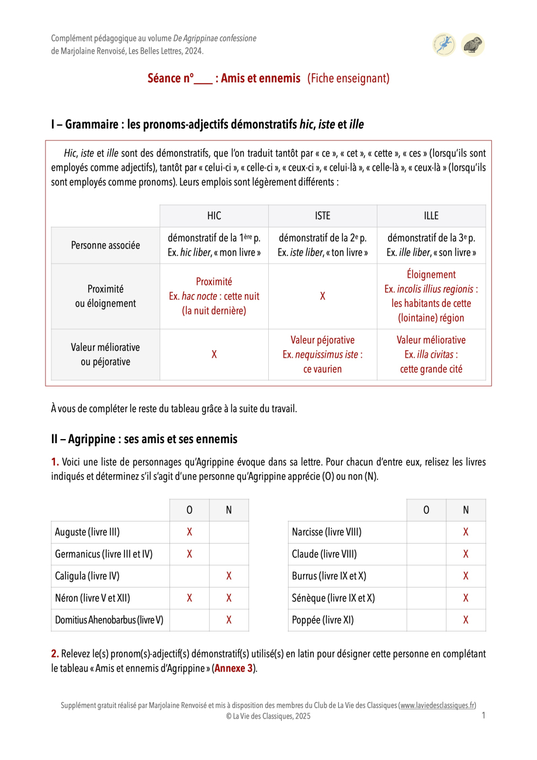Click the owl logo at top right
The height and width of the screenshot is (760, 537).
pyautogui.click(x=473, y=45)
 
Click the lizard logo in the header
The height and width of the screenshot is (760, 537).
pyautogui.click(x=444, y=45)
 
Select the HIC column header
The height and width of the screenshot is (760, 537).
pyautogui.click(x=214, y=216)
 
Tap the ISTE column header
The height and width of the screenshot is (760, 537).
pyautogui.click(x=323, y=216)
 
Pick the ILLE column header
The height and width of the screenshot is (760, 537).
pyautogui.click(x=431, y=216)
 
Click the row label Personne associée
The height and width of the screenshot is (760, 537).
pyautogui.click(x=105, y=246)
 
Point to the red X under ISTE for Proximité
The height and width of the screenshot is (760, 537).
pyautogui.click(x=323, y=296)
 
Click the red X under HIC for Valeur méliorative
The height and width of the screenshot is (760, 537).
pyautogui.click(x=214, y=355)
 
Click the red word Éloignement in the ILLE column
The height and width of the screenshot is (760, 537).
pyautogui.click(x=431, y=275)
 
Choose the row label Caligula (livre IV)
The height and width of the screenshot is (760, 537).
pyautogui.click(x=87, y=576)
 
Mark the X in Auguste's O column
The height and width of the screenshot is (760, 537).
pyautogui.click(x=189, y=532)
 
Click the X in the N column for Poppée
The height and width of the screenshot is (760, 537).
pyautogui.click(x=466, y=620)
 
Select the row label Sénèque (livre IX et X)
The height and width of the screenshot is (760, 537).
pyautogui.click(x=333, y=598)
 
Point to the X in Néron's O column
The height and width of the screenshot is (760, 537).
pyautogui.click(x=189, y=598)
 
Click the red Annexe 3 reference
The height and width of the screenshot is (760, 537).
pyautogui.click(x=234, y=669)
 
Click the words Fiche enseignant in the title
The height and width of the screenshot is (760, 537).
pyautogui.click(x=348, y=78)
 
